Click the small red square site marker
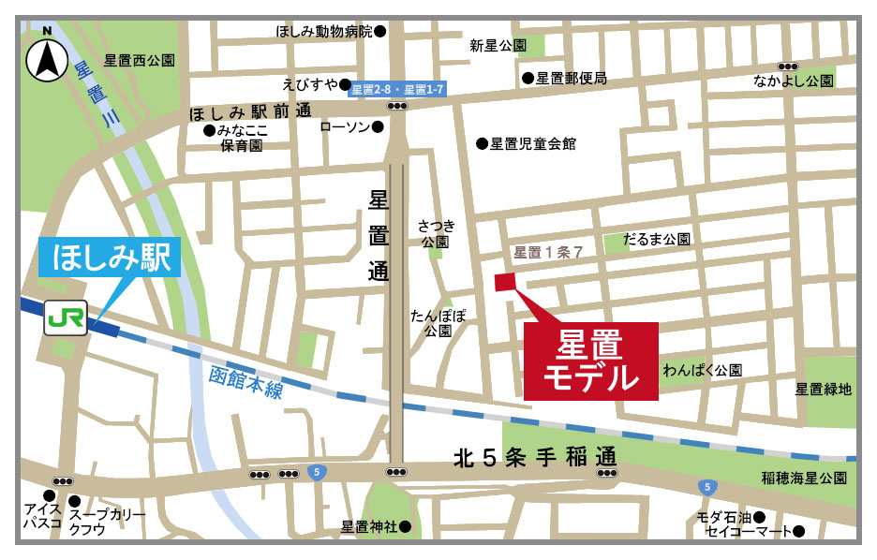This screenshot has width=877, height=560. point(505,282)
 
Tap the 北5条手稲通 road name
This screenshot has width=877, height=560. point(534,458)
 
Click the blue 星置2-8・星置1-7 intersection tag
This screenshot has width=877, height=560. point(397,89)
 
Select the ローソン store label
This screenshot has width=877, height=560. point(346,127)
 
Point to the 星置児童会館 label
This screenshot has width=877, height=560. point(531,143)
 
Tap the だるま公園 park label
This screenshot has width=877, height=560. point(661,240)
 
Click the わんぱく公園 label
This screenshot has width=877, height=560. point(702,371)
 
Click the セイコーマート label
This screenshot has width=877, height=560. point(750,532)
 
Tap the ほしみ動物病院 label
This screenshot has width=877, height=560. point(324,31)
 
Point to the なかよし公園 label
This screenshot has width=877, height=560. point(793,81)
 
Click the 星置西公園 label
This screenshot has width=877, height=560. point(140,60)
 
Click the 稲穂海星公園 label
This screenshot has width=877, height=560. point(803,479)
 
